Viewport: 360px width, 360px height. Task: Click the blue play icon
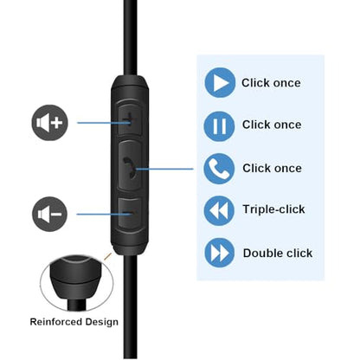[220, 83]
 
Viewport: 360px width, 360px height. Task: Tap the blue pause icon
[219, 126]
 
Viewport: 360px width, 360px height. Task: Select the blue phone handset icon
[219, 169]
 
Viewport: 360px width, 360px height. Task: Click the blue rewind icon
[219, 210]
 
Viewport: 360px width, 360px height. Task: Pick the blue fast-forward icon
[219, 253]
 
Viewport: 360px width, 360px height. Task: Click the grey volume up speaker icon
[49, 123]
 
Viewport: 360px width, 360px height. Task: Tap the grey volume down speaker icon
[49, 214]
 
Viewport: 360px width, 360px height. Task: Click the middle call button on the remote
[131, 166]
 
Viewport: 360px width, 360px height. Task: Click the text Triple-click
[273, 209]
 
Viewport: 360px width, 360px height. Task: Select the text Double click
[278, 254]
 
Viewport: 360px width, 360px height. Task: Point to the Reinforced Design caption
[74, 322]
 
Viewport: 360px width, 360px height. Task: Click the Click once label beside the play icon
[271, 83]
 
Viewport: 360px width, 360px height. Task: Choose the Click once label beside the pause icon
[272, 125]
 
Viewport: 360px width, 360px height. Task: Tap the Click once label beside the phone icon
[272, 168]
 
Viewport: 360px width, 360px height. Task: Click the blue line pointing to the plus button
[104, 123]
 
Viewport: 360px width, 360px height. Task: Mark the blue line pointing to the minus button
[104, 214]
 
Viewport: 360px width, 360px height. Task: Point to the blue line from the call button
[164, 169]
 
